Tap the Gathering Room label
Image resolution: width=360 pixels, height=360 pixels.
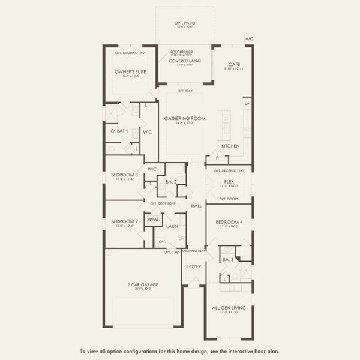click(x=185, y=118)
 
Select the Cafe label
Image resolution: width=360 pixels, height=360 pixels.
click(x=235, y=64)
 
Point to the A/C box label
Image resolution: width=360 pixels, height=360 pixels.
click(x=250, y=38)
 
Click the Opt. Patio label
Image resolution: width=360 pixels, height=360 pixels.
click(x=185, y=23)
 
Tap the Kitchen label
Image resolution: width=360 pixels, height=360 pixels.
click(x=230, y=146)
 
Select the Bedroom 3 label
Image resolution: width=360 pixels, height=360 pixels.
click(x=124, y=175)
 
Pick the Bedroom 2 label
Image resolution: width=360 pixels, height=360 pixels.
click(x=124, y=221)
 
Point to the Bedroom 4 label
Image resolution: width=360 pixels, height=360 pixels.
click(x=229, y=221)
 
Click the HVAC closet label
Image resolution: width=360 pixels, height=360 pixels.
click(x=154, y=220)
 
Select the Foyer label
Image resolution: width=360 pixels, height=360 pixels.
click(x=194, y=266)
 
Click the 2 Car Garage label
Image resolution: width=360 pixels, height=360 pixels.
click(x=143, y=284)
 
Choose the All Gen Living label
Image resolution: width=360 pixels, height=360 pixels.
click(x=229, y=308)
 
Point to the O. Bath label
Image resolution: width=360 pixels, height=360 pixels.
click(x=119, y=131)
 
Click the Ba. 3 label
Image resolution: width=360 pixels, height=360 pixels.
click(x=227, y=259)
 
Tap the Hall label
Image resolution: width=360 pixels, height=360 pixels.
click(x=196, y=206)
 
